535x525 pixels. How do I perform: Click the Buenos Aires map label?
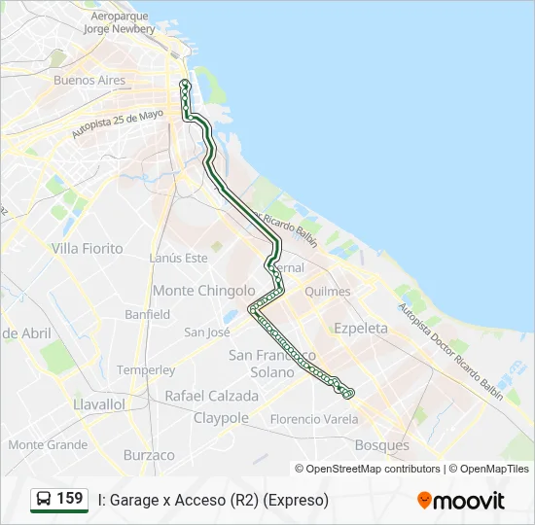point(89,81)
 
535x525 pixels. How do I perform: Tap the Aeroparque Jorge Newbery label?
point(120,23)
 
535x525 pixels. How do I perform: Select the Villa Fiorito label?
point(88,249)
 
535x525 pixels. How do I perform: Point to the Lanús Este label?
point(179,258)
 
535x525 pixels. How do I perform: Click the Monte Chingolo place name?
point(204,291)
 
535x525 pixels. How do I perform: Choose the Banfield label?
point(147,314)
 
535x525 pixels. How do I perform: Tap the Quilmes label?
point(354,291)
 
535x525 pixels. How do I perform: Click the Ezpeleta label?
point(360,329)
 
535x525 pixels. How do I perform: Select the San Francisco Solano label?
point(272,364)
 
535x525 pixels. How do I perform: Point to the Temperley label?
point(146,370)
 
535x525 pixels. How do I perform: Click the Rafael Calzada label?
point(212,397)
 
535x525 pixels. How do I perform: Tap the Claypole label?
point(221,418)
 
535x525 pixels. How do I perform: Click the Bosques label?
point(382,445)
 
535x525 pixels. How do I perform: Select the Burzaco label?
point(149,455)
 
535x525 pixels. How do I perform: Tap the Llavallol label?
point(99,403)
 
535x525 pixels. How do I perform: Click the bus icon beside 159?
point(44,500)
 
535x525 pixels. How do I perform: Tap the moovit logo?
point(461,501)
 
